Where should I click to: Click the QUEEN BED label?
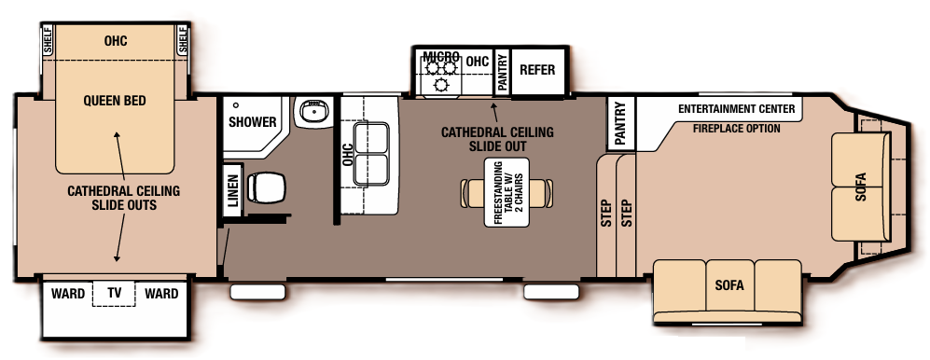[115, 101]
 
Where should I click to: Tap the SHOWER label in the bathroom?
[253, 122]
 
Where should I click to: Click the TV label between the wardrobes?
[115, 294]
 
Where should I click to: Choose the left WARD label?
[68, 294]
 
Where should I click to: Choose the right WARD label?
[161, 294]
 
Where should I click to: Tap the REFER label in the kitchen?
[537, 70]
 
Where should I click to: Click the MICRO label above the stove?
[440, 56]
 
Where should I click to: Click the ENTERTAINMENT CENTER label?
[737, 109]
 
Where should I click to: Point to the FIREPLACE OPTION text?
[737, 129]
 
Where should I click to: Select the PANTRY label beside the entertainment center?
[619, 122]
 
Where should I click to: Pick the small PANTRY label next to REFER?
[502, 71]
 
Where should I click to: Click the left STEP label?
[605, 214]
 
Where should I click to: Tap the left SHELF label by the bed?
[47, 39]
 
